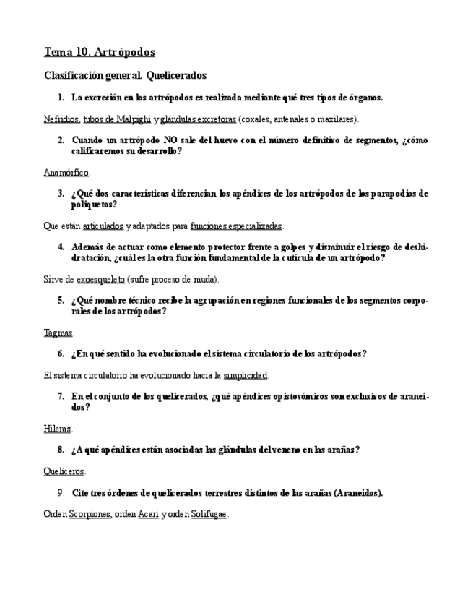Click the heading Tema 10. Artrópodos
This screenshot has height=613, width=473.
100,52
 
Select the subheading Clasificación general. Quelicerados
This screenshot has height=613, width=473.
126,75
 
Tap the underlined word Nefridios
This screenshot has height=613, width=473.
61,119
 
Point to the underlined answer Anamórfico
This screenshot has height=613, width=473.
66,173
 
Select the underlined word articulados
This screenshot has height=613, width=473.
103,226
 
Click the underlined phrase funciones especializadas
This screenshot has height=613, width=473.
236,226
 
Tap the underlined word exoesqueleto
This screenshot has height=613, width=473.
101,279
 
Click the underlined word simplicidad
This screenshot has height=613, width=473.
246,375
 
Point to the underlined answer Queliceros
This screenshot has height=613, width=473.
64,471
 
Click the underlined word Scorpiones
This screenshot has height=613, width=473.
90,514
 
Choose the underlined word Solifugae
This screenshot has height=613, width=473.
209,514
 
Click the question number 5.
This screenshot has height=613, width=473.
61,300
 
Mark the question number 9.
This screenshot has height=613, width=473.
61,493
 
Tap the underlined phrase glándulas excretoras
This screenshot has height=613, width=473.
199,119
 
